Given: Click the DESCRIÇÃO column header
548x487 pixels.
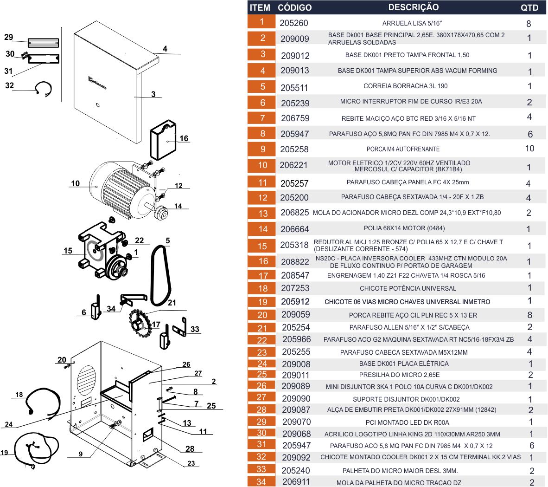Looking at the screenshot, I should click(x=413, y=7).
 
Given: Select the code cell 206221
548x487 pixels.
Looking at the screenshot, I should click(x=293, y=165).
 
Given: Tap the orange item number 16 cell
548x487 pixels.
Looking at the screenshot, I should click(x=263, y=261).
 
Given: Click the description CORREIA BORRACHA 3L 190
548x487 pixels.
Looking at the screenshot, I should click(x=405, y=86).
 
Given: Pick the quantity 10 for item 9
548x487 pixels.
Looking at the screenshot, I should click(x=529, y=149).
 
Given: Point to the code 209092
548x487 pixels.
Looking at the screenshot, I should click(x=296, y=458).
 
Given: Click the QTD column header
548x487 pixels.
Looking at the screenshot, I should click(x=529, y=8).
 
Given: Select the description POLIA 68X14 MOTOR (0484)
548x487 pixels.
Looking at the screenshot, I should click(x=404, y=228).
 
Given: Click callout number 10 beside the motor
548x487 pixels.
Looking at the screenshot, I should click(x=75, y=183).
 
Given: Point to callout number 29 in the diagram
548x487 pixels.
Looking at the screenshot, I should click(x=9, y=37).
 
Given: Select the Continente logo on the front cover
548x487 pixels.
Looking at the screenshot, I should click(x=97, y=82).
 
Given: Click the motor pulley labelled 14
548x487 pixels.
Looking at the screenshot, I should click(x=161, y=214).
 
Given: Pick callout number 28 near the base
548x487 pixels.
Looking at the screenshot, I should click(x=190, y=449).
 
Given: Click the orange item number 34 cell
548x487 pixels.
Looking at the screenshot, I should click(x=261, y=481).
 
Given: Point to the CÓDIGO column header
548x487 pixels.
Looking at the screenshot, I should click(x=294, y=8).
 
